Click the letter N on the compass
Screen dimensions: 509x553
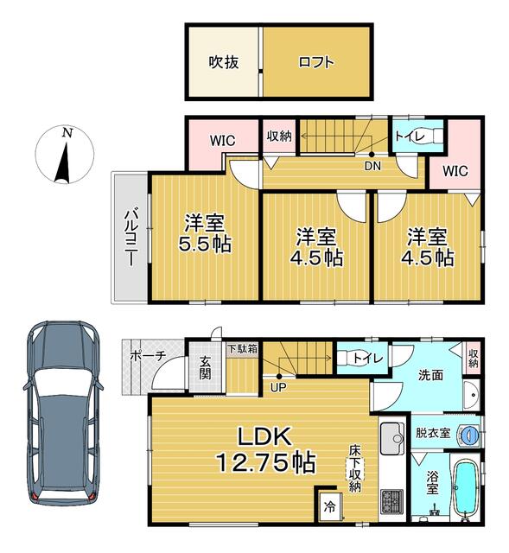pos(67,133)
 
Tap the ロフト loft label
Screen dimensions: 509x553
pos(316,62)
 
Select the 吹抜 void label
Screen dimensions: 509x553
pos(224,62)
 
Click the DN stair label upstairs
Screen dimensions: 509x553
pos(372,166)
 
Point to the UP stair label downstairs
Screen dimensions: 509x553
pos(278,388)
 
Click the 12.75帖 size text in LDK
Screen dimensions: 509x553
pos(266,463)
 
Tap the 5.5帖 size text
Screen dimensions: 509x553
pos(205,244)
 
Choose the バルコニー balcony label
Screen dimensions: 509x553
pos(130,238)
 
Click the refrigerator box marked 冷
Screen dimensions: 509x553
pos(329,507)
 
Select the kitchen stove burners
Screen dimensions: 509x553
pos(391,502)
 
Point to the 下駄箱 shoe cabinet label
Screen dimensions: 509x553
pos(242,349)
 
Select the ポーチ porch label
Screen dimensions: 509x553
pos(148,356)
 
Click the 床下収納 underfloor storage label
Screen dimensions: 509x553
pos(354,468)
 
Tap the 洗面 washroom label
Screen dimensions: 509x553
pos(430,375)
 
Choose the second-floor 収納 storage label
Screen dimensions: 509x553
pos(279,136)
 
